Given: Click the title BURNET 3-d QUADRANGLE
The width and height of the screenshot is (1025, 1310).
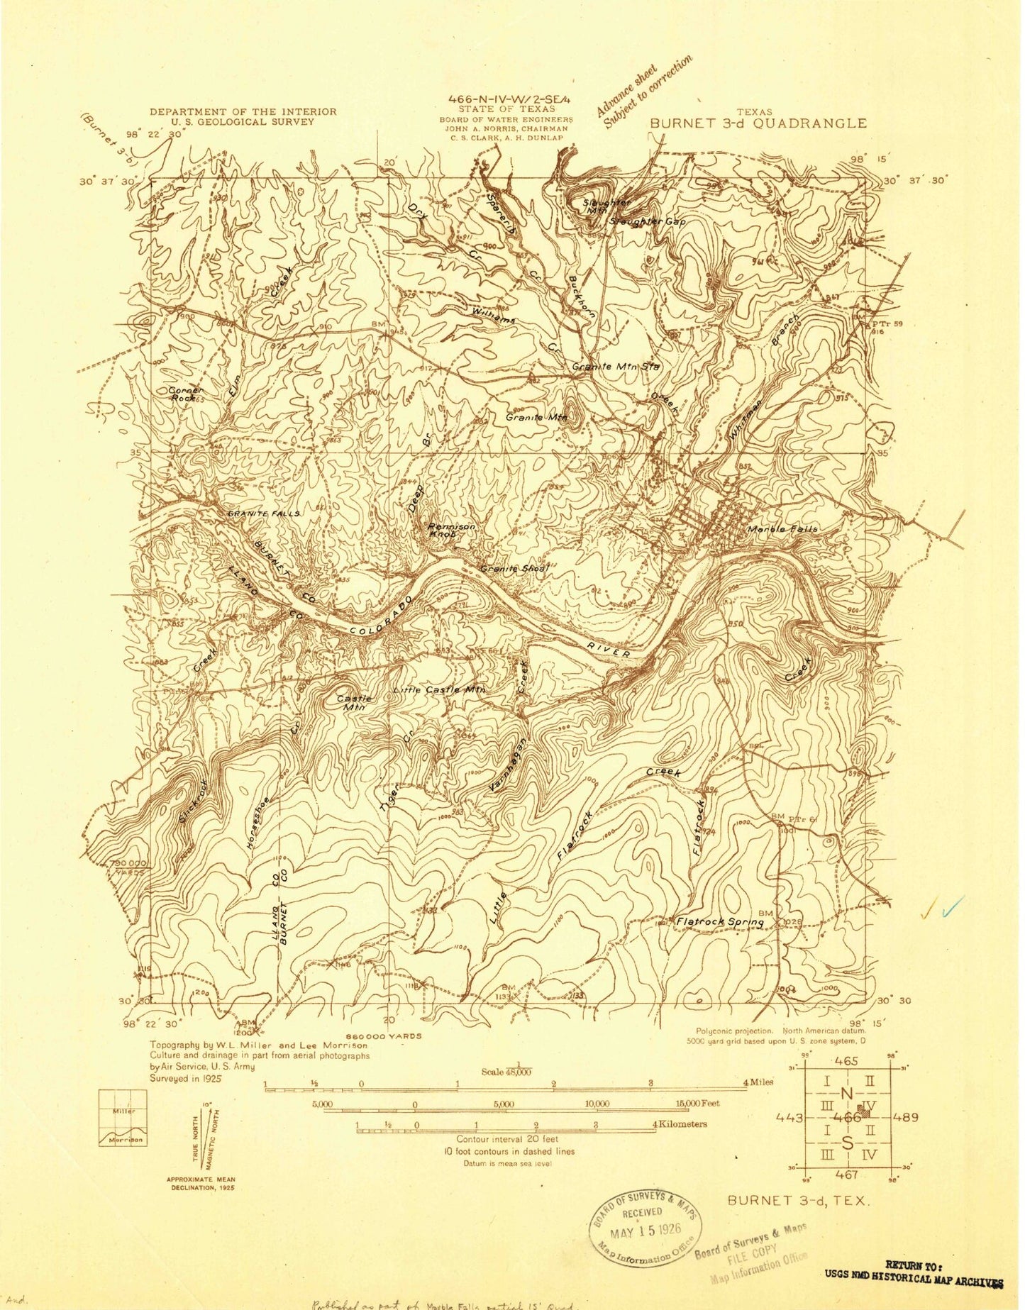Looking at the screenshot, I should (x=758, y=123).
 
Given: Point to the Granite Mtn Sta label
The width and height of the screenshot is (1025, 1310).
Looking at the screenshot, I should (x=616, y=367).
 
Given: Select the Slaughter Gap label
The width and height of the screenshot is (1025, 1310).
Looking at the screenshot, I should (x=647, y=222).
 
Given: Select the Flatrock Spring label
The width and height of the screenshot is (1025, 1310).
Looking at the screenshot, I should (x=719, y=922).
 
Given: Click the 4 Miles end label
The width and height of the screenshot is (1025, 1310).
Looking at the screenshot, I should (x=758, y=1082).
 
